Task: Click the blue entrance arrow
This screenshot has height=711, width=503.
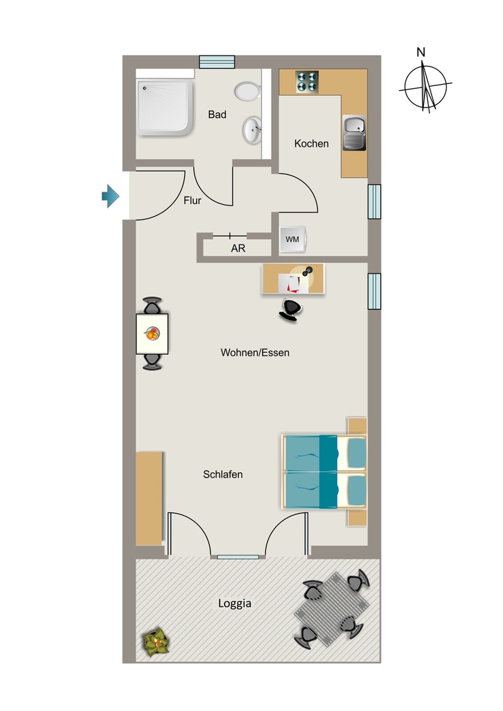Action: click(110, 196)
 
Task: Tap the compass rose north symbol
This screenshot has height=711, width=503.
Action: click(425, 86)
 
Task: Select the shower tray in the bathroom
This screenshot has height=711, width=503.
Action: click(166, 108)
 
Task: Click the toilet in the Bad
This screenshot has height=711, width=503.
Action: click(247, 91)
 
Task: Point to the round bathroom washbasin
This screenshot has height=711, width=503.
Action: click(252, 130)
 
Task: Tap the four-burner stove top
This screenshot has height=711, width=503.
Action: click(307, 82)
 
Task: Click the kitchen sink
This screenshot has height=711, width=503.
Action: click(355, 133)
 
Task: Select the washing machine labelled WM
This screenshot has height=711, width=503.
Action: click(293, 239)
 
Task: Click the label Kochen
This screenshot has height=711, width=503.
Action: click(312, 144)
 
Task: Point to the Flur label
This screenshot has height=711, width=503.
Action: click(192, 201)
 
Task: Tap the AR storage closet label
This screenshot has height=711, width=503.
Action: click(238, 249)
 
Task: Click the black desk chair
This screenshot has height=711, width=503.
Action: click(290, 310)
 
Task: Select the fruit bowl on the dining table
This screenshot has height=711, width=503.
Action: click(152, 334)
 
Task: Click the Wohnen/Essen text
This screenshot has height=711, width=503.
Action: click(255, 352)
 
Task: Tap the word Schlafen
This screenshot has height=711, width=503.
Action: click(223, 474)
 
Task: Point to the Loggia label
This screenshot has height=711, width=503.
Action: click(235, 603)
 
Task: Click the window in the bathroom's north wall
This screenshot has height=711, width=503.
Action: click(217, 62)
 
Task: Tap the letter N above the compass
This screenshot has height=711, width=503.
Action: click(421, 52)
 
